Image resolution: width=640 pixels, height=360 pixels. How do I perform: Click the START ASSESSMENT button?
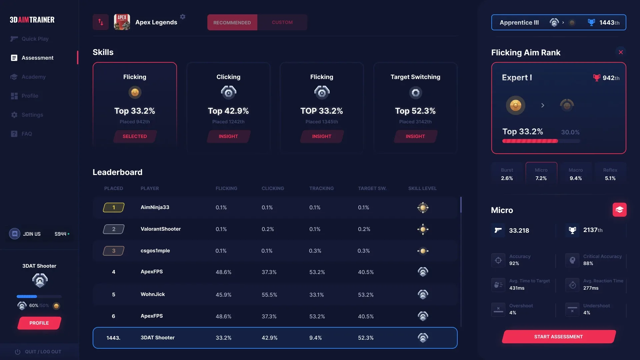coord(558,337)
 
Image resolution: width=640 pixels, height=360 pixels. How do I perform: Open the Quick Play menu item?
coord(35,39)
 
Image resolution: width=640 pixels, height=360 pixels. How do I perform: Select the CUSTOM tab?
coord(282,22)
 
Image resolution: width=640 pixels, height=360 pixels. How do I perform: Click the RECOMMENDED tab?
coord(232,22)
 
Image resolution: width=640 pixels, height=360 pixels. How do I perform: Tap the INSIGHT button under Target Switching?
coord(415,136)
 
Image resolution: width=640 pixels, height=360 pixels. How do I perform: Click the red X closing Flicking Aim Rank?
coord(621,52)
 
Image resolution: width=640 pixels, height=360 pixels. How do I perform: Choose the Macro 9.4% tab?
coord(576,174)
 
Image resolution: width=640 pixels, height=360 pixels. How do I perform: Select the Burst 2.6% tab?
coord(507,174)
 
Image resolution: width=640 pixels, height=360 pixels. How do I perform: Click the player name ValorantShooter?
coord(161,229)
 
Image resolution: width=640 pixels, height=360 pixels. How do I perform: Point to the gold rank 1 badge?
coord(114,207)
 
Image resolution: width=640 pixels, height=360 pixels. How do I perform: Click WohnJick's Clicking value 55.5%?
coord(269,295)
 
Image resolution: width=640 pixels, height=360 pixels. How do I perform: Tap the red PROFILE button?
coord(39,323)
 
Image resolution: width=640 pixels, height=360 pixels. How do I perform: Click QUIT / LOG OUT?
coord(43,352)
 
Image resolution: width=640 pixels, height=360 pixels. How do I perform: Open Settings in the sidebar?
coord(32,115)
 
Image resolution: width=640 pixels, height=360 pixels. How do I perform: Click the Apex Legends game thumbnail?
coord(122,22)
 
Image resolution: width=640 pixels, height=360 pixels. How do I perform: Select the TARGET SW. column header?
coord(372,188)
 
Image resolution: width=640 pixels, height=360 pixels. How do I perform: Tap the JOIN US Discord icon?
coord(15,234)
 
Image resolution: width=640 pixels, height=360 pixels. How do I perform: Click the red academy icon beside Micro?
coord(619,210)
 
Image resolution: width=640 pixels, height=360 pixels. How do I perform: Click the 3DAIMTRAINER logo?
coord(32,20)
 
